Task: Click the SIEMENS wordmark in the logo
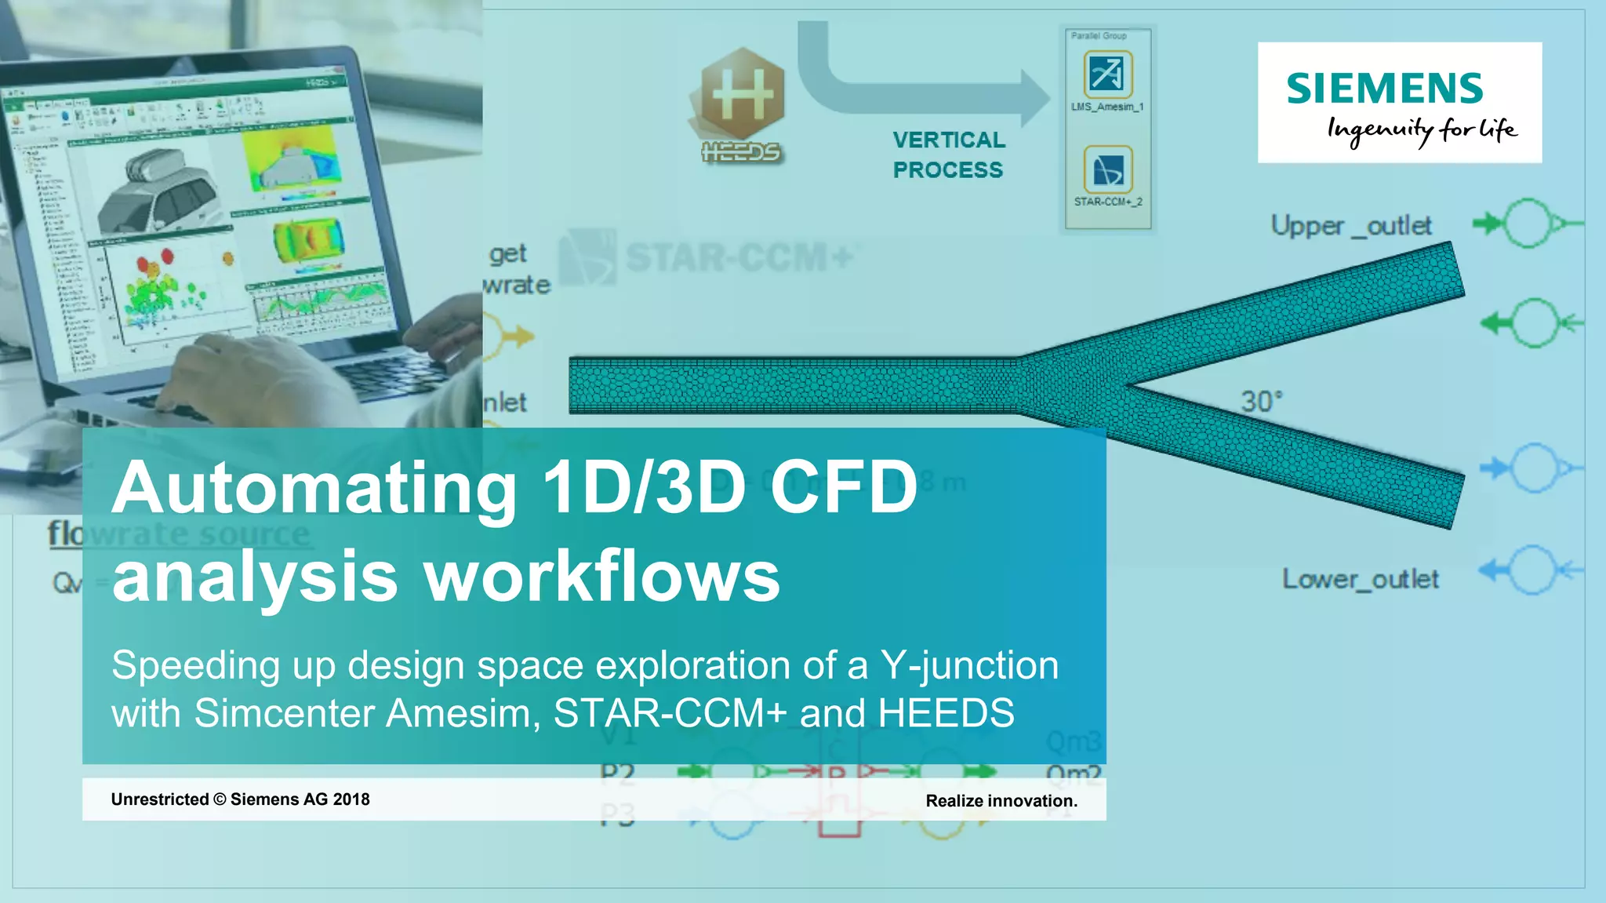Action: pos(1384,88)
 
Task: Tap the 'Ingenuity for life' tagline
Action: pos(1421,130)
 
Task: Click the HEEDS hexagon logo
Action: pos(742,95)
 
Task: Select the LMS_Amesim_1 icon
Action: pos(1107,74)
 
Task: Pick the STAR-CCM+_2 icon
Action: pos(1107,169)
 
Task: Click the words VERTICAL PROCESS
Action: pos(948,155)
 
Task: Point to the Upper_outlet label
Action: pos(1350,226)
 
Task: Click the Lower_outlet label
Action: pos(1360,579)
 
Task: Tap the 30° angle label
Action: pos(1261,402)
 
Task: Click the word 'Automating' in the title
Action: pos(314,488)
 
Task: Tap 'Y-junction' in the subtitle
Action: pos(969,665)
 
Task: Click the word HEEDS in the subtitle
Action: pos(946,713)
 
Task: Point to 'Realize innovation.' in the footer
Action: pos(1001,801)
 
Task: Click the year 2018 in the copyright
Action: pos(351,799)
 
